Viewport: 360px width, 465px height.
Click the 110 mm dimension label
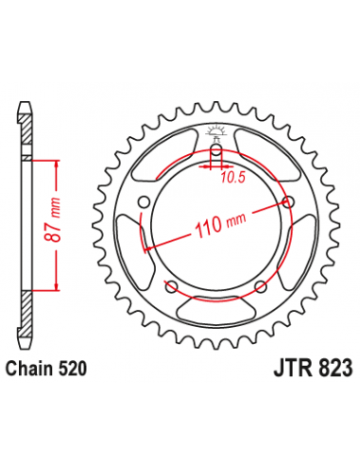pyautogui.click(x=220, y=224)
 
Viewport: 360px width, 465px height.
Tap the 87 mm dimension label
pyautogui.click(x=51, y=220)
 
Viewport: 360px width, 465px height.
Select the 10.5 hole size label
pyautogui.click(x=232, y=178)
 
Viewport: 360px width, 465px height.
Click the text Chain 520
pyautogui.click(x=46, y=369)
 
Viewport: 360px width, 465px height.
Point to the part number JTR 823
pyautogui.click(x=313, y=368)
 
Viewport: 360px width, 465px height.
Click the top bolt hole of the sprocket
pyautogui.click(x=216, y=148)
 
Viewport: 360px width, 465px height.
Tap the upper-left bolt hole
pyautogui.click(x=145, y=201)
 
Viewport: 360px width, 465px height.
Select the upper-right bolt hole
pyautogui.click(x=288, y=201)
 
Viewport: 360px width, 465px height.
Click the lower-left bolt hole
pyautogui.click(x=172, y=285)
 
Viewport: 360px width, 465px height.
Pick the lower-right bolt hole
pyautogui.click(x=261, y=285)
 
